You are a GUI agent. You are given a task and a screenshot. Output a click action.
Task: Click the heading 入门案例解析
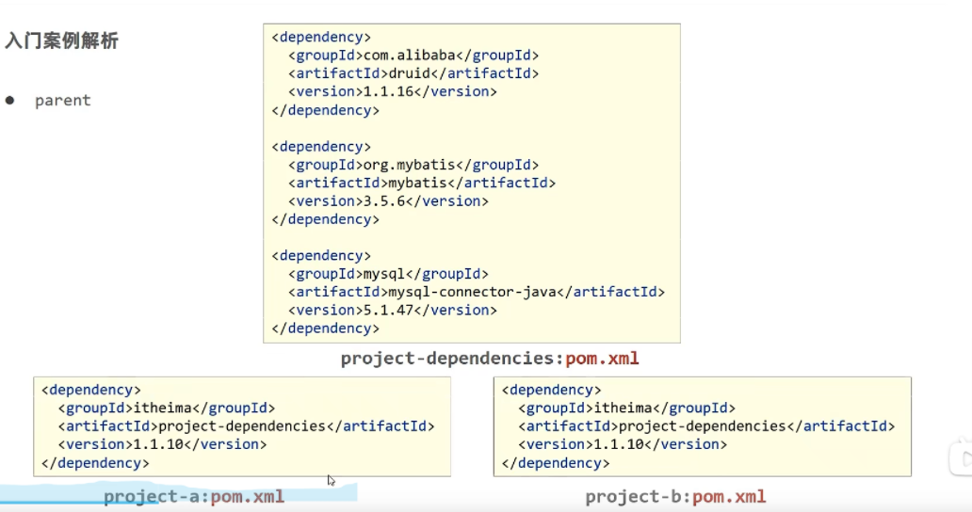[61, 41]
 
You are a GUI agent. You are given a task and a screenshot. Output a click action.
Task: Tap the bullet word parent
[62, 101]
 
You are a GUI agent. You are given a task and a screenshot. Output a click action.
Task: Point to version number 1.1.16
[388, 92]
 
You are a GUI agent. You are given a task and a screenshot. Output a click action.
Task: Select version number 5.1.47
[388, 311]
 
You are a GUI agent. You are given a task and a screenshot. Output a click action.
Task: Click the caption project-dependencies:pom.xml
[490, 359]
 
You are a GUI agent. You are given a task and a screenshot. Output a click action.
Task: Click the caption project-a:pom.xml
[194, 496]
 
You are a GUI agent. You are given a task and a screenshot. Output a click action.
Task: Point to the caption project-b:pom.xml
[675, 496]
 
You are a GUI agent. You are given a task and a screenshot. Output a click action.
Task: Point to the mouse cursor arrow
[331, 480]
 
